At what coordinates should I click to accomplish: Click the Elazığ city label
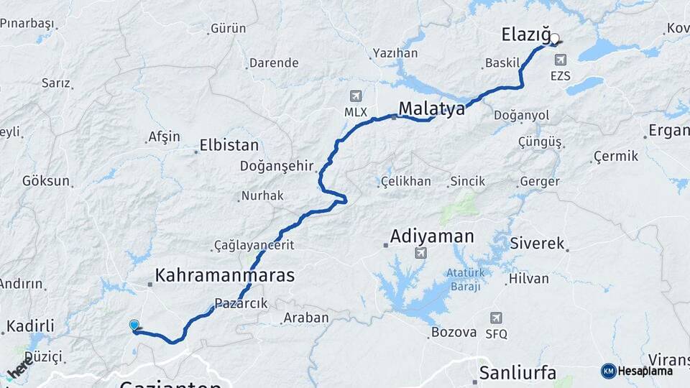[525, 34]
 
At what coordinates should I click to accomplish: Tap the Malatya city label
[432, 108]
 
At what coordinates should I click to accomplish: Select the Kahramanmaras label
[225, 275]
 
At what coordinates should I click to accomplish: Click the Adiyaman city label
[432, 236]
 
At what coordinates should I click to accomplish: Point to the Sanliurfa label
[517, 372]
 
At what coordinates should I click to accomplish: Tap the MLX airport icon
[355, 96]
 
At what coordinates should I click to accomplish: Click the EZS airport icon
[560, 60]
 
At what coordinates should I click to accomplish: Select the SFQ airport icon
[496, 318]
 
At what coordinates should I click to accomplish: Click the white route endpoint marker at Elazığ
[555, 40]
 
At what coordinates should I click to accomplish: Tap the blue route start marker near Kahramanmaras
[134, 325]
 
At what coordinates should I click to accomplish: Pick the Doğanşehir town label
[277, 166]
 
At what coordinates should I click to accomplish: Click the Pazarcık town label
[241, 303]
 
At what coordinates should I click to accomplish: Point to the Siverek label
[537, 243]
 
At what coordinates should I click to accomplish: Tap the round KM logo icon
[608, 371]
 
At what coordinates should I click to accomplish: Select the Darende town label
[274, 63]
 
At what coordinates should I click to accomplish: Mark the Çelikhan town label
[406, 181]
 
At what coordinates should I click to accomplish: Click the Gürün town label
[228, 29]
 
